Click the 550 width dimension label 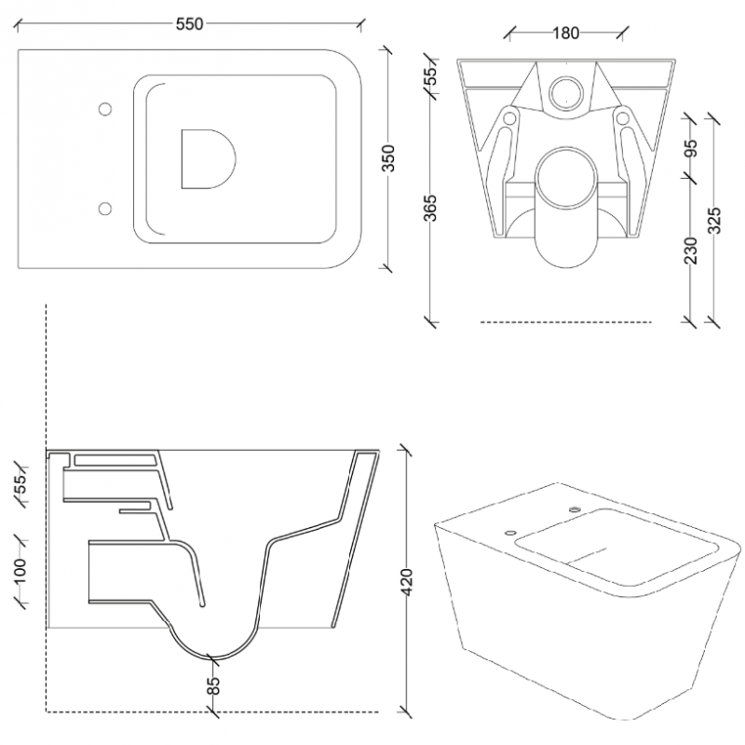tap(190, 24)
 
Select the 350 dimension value tap(388, 158)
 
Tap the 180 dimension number tap(566, 33)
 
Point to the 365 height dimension tap(430, 208)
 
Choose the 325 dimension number tap(714, 221)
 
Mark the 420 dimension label tap(407, 580)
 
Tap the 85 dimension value tap(215, 684)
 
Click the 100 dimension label tap(20, 572)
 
